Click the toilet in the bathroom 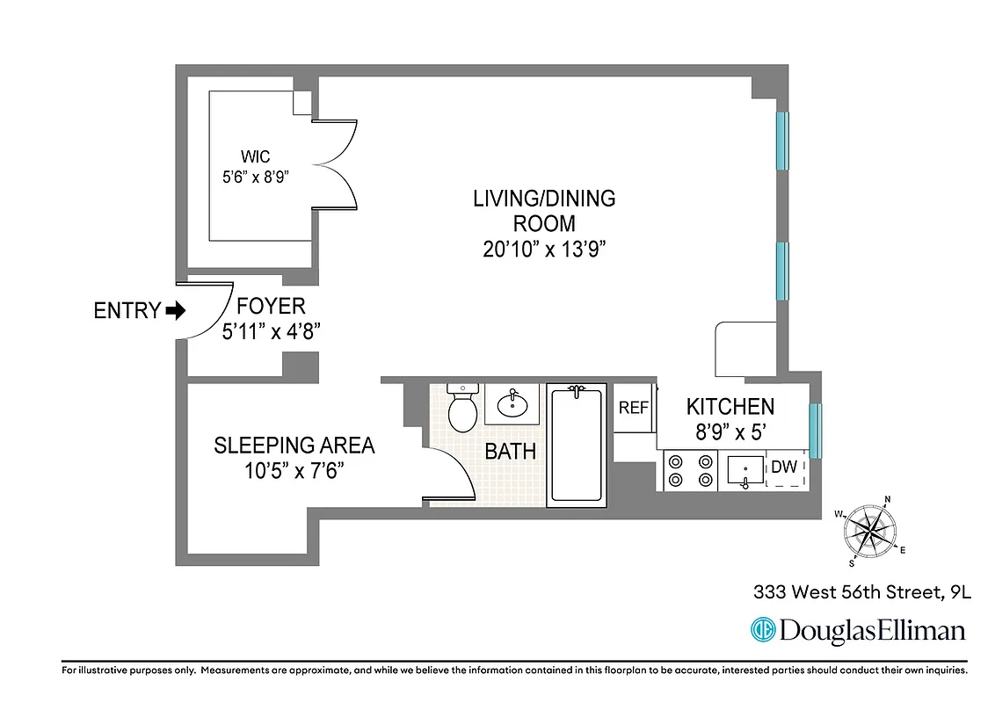[x=461, y=406]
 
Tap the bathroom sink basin [x=511, y=405]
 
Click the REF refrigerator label [x=633, y=408]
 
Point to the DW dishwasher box [x=784, y=468]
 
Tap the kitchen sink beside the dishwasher [x=744, y=471]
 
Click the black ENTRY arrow [x=176, y=310]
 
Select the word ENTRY [x=127, y=310]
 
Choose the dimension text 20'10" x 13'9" [x=545, y=249]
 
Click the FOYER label [x=271, y=306]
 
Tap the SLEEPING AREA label [x=294, y=446]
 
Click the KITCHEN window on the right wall [x=815, y=431]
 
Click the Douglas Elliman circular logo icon [x=761, y=630]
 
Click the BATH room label [x=511, y=452]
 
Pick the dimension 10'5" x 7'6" [x=294, y=471]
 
